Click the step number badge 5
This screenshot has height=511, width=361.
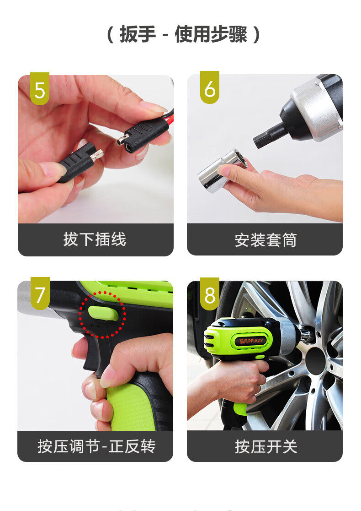(40, 89)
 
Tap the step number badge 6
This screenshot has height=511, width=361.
(210, 87)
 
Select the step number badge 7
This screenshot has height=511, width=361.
(40, 294)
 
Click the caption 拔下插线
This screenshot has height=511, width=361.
(95, 239)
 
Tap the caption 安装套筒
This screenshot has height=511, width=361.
(265, 240)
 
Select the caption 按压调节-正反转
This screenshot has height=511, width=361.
(96, 446)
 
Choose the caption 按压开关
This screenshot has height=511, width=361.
(266, 446)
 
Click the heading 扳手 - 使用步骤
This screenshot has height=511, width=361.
(183, 34)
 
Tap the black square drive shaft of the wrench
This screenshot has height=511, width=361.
(267, 136)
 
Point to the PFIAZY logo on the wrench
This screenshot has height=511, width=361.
(251, 341)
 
